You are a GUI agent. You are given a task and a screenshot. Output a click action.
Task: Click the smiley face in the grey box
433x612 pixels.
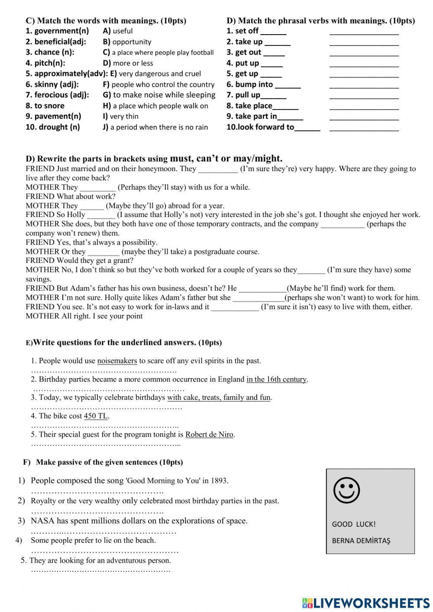(x=346, y=490)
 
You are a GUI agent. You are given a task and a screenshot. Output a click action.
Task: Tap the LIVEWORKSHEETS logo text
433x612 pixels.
(x=366, y=603)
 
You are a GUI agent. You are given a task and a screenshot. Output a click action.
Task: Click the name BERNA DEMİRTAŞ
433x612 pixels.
(x=361, y=541)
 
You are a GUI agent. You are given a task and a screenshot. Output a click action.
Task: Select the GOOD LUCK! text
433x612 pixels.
(x=353, y=524)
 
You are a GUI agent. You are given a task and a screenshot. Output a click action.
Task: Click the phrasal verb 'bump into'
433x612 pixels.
(x=254, y=84)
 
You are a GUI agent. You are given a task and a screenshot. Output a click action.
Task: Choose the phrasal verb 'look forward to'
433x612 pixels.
(x=261, y=127)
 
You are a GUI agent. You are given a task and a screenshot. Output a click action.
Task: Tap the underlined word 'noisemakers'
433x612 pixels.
(x=117, y=361)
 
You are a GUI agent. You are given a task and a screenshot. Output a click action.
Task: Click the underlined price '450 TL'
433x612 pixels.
(x=96, y=416)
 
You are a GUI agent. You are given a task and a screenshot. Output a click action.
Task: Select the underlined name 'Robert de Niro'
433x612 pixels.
(x=209, y=434)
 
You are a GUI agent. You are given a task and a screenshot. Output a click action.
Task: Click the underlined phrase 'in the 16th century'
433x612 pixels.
(x=276, y=379)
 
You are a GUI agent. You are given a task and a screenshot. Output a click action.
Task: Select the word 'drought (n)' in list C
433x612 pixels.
(x=53, y=127)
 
